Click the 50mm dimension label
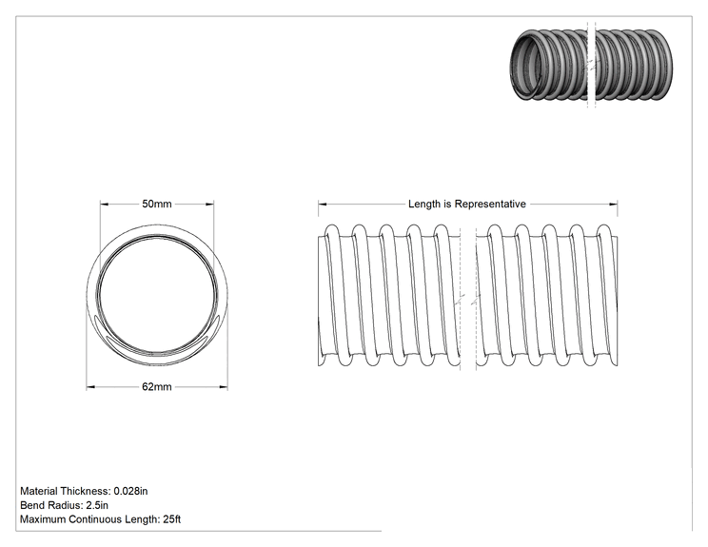click(x=157, y=204)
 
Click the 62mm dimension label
click(x=157, y=387)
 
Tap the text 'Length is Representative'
click(x=467, y=204)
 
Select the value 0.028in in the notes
click(x=130, y=491)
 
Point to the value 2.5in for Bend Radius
click(x=97, y=505)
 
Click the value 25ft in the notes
click(x=171, y=519)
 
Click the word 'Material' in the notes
click(x=39, y=491)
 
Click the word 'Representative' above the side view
click(x=490, y=204)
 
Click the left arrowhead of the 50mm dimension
click(x=105, y=204)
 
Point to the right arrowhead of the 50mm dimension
click(x=209, y=204)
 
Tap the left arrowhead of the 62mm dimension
click(x=90, y=387)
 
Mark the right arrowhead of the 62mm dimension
click(x=223, y=387)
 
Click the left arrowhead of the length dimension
click(x=323, y=204)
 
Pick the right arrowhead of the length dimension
click(x=613, y=204)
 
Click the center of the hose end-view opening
click(x=157, y=293)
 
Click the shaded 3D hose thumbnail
click(x=591, y=65)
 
